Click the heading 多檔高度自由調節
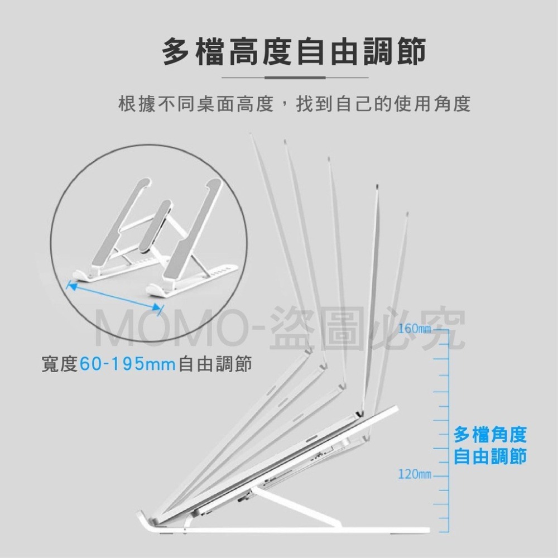click(x=294, y=52)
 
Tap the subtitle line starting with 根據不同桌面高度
click(x=294, y=104)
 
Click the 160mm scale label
click(x=414, y=329)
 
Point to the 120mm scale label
click(x=414, y=474)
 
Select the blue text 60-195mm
click(x=128, y=364)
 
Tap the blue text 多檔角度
click(x=490, y=435)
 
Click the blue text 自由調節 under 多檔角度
click(x=490, y=456)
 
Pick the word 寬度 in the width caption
click(x=60, y=364)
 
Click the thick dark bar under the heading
click(x=295, y=77)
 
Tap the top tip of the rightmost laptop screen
click(x=407, y=214)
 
